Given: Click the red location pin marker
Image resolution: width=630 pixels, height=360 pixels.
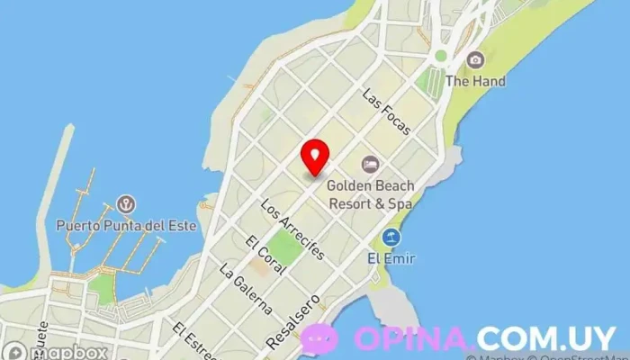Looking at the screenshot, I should click(315, 157).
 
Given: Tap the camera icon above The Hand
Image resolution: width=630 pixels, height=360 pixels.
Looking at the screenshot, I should click(475, 60).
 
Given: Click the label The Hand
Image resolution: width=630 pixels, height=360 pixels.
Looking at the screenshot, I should click(475, 81).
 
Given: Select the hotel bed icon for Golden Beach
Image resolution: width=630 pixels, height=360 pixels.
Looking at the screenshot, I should click(370, 165).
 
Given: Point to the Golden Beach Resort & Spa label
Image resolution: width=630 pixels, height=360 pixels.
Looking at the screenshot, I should click(370, 194).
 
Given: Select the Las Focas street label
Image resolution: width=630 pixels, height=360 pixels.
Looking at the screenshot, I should click(386, 112).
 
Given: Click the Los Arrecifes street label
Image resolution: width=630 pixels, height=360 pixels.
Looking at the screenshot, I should click(291, 229).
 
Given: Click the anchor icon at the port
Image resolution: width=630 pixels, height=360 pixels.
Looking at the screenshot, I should click(126, 204).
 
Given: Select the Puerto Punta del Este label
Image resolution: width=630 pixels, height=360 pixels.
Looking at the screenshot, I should click(126, 225).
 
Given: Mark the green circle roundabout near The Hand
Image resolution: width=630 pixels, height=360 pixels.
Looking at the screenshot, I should click(440, 56).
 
